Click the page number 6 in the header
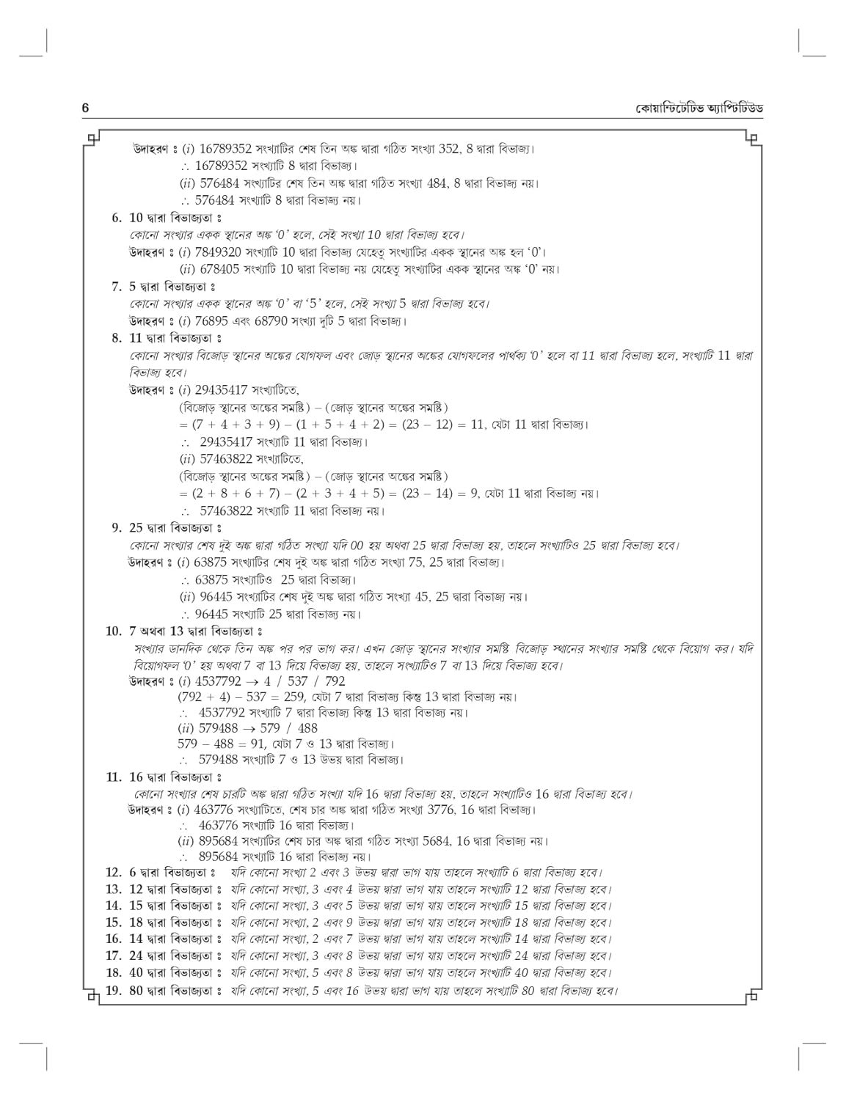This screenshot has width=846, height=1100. pos(85,109)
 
